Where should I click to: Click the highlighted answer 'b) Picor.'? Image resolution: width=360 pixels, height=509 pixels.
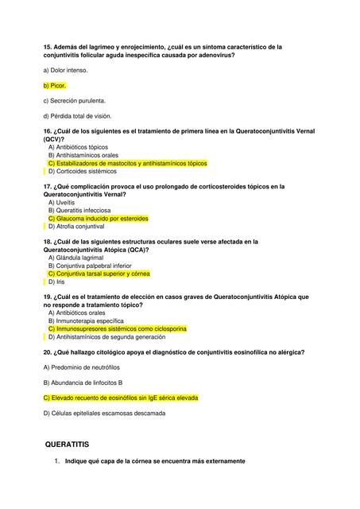pyautogui.click(x=55, y=85)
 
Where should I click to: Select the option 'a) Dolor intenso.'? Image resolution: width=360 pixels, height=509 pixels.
pyautogui.click(x=66, y=70)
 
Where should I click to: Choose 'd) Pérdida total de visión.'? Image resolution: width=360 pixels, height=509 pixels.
pyautogui.click(x=79, y=117)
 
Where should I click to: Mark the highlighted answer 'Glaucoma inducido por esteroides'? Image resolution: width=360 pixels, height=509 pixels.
pyautogui.click(x=98, y=218)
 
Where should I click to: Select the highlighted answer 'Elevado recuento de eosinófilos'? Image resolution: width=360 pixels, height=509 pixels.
pyautogui.click(x=120, y=398)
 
